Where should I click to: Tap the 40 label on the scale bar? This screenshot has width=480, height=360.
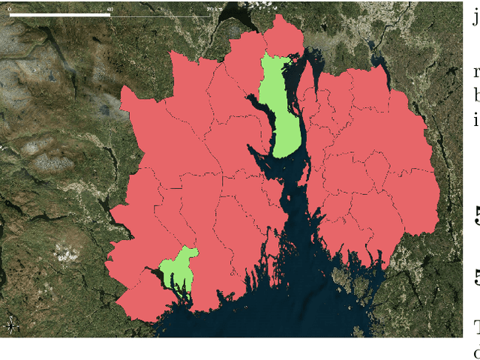click(x=110, y=8)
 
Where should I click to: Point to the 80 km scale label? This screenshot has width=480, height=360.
click(x=212, y=8)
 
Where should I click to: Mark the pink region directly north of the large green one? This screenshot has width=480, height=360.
click(x=283, y=37)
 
